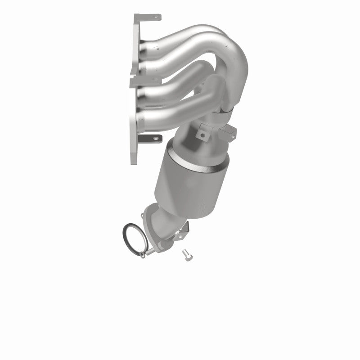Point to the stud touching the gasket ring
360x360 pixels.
(143, 256)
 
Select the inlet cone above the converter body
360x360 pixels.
(198, 148)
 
